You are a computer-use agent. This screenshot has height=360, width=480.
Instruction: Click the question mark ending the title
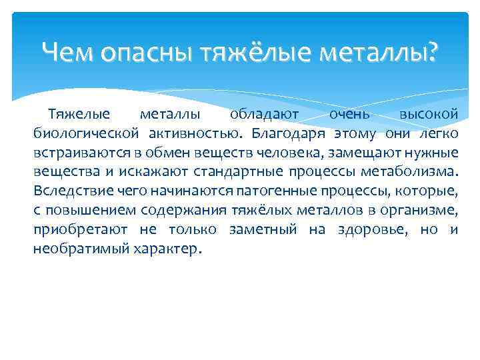click(433, 51)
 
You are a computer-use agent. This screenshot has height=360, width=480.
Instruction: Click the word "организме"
click(423, 211)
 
